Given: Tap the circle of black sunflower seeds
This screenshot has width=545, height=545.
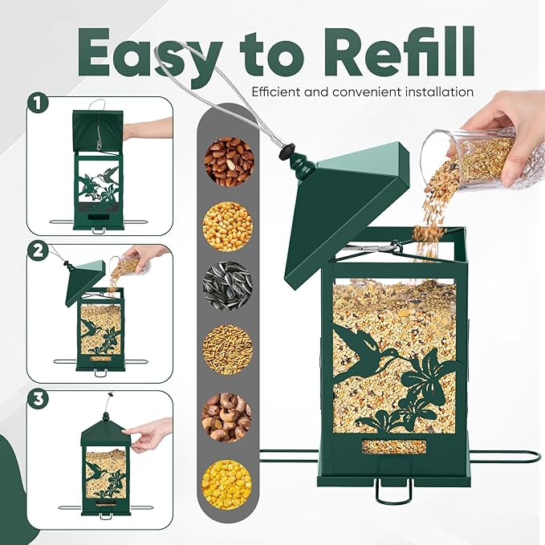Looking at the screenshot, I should (x=227, y=285).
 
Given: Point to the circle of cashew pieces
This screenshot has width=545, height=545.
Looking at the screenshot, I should (x=227, y=417).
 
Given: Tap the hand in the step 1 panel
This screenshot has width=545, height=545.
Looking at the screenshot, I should (x=148, y=128).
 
